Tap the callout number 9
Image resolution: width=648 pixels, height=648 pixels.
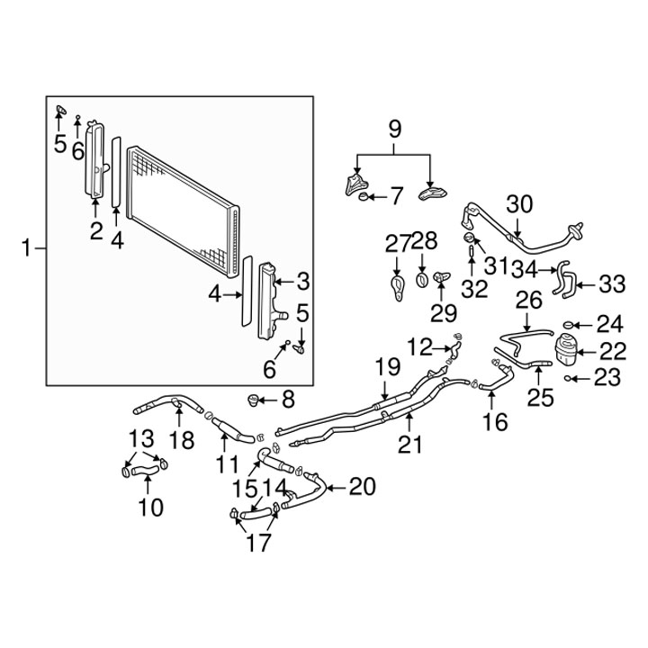click(x=394, y=129)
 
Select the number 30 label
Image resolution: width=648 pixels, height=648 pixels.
click(x=519, y=203)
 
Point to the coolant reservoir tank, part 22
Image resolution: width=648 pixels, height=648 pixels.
click(x=566, y=351)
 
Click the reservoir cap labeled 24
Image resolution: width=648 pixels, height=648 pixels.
click(x=570, y=323)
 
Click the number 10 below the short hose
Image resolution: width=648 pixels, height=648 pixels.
click(x=150, y=507)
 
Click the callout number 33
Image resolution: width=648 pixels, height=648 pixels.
click(x=611, y=284)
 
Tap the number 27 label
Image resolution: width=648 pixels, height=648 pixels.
click(x=397, y=242)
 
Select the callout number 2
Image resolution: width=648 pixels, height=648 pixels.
click(x=95, y=230)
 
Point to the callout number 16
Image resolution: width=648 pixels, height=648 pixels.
click(x=495, y=420)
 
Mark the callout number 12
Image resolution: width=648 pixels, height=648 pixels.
click(x=419, y=345)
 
